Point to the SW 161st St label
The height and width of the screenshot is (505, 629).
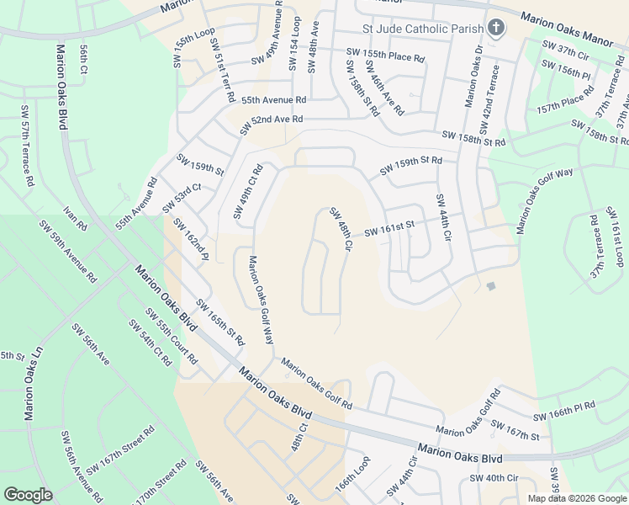click(389, 229)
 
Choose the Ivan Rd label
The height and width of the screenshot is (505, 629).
click(75, 219)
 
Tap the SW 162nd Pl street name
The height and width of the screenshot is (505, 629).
click(190, 239)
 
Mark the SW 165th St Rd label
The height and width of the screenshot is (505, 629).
click(219, 322)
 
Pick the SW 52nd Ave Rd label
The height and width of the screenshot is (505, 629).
click(271, 125)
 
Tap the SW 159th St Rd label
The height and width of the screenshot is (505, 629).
click(410, 165)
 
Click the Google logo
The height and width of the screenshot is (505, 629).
click(28, 495)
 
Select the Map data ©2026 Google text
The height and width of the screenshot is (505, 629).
click(577, 498)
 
